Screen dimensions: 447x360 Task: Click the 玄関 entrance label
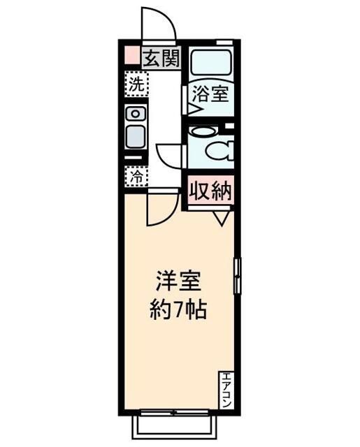click(161, 58)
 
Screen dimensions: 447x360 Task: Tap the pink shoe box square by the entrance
click(131, 55)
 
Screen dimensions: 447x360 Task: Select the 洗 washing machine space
click(136, 87)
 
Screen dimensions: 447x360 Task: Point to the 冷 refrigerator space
click(136, 177)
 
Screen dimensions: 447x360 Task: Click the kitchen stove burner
click(136, 113)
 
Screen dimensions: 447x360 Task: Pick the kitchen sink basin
click(136, 135)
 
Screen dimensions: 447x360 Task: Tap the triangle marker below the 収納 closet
click(222, 217)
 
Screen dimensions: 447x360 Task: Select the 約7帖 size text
click(178, 309)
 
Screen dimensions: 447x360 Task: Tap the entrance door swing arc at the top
click(158, 25)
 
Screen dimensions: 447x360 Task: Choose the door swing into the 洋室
click(161, 210)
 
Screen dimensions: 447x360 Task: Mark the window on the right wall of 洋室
click(237, 275)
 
